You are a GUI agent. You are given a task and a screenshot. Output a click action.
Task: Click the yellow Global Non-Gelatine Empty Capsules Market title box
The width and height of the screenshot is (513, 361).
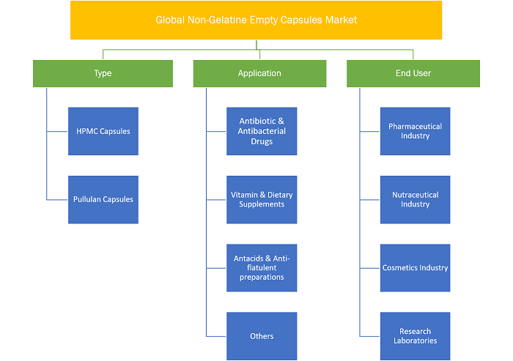coord(256,20)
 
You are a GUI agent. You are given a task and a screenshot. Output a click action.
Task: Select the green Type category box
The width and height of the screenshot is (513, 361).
coord(103,73)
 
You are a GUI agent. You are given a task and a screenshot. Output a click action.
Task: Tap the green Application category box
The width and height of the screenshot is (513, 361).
coord(259,73)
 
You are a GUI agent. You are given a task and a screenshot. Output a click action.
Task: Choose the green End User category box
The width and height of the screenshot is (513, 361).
coord(413,73)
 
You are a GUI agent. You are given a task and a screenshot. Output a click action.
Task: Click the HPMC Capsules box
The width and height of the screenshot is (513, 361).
coord(103,131)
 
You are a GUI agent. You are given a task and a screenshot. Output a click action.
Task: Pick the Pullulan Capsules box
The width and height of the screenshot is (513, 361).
coord(103,199)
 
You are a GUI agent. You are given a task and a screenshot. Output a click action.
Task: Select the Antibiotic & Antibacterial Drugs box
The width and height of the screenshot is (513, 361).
coord(262,131)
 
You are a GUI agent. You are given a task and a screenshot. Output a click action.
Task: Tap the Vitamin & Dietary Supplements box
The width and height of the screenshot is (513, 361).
coord(262,199)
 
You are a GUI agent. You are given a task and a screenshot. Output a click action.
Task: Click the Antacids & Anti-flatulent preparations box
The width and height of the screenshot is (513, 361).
coord(262,268)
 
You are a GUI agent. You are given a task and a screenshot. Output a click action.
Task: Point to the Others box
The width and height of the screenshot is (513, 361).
coord(262,336)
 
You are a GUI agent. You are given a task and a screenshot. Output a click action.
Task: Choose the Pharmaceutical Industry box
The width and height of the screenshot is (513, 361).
coord(416,131)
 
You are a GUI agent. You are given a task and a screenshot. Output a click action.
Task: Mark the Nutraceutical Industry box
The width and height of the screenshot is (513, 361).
coord(416,199)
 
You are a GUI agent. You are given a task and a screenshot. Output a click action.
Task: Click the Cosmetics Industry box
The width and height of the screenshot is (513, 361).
coord(416,268)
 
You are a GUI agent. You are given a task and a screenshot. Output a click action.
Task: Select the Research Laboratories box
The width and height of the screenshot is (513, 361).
coord(416,336)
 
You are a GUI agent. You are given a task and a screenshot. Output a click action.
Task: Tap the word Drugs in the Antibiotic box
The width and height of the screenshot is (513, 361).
coord(262,141)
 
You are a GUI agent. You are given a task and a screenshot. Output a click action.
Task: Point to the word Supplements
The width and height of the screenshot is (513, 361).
coord(262,205)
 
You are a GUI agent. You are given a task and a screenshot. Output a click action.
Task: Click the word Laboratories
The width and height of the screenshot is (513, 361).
coord(416,340)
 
